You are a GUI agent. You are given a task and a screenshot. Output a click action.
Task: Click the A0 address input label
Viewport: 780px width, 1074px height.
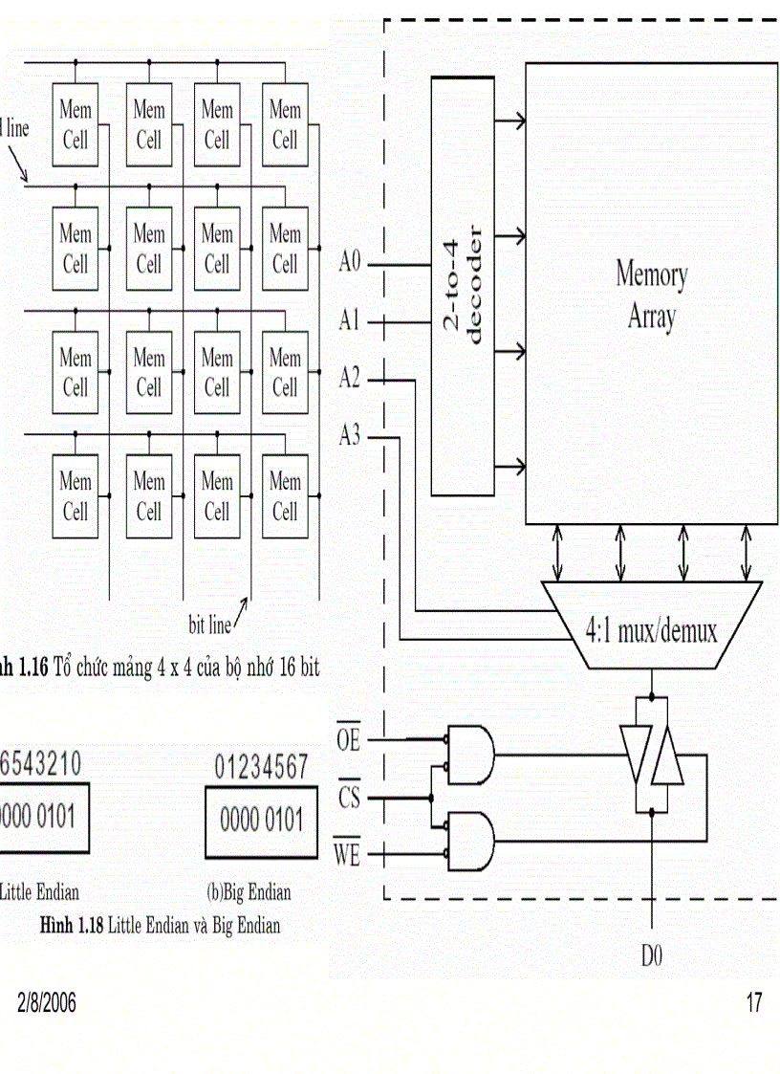[350, 263]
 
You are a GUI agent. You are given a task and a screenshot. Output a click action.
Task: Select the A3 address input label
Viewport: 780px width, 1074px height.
[350, 438]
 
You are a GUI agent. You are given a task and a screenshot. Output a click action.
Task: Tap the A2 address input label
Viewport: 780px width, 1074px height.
[350, 380]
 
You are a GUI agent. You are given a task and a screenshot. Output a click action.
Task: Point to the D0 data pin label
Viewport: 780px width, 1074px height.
[653, 956]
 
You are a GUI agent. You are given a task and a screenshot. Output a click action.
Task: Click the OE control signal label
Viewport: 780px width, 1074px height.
[349, 739]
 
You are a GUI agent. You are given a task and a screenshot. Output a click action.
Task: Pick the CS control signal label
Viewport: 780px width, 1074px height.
[350, 796]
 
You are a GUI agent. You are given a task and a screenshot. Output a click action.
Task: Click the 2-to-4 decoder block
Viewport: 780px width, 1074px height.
[462, 286]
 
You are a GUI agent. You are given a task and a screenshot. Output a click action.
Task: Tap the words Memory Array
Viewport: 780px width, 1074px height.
[651, 296]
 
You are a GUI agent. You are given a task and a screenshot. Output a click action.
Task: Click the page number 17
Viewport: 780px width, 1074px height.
[754, 1003]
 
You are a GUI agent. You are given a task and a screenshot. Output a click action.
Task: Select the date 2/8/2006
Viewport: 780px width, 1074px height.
[47, 1003]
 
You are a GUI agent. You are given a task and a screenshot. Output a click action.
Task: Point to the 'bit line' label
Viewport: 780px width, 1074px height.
[209, 626]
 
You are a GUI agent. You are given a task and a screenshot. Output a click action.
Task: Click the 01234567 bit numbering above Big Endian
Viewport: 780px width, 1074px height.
[261, 767]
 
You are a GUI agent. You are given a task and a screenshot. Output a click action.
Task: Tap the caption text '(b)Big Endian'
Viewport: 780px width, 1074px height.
[249, 893]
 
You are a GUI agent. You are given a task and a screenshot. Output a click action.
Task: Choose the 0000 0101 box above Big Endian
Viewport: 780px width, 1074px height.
[261, 822]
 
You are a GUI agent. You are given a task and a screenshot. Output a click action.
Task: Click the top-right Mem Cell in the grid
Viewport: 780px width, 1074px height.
[285, 124]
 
